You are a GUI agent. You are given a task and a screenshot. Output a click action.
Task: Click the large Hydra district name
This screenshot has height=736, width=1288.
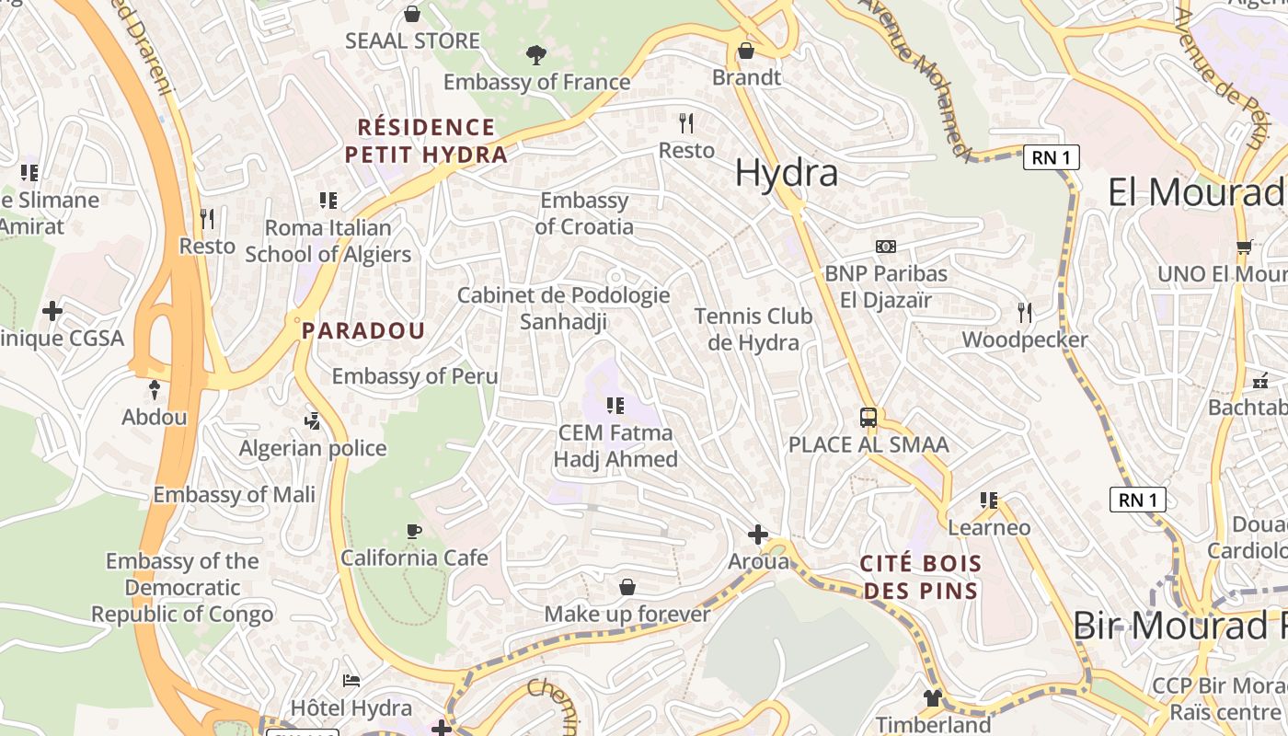coord(787,173)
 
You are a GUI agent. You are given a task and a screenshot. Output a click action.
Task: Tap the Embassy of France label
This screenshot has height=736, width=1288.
coord(536,82)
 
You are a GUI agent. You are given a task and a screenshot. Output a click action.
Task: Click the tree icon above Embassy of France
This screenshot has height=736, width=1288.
coord(535,55)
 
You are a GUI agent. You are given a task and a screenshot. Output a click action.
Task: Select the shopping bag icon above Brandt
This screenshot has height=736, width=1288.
coord(746,51)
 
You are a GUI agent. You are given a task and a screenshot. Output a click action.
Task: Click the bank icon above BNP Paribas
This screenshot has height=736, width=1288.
coord(885,247)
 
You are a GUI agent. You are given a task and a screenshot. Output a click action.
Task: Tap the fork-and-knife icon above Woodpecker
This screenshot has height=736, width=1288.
coord(1025,313)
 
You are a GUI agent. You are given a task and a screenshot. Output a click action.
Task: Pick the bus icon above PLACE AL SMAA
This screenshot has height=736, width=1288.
coord(868,418)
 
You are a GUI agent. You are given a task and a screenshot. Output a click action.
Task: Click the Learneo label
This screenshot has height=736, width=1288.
coord(989,528)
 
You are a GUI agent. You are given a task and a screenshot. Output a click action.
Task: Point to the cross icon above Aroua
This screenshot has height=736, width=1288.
coord(758,535)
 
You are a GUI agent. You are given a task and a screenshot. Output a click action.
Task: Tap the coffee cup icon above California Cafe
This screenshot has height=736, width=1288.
coord(414,531)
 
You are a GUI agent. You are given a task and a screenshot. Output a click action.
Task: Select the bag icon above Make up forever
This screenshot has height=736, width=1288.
coord(627,587)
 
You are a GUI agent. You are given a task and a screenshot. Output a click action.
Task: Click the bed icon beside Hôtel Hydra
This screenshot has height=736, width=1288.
coord(351,681)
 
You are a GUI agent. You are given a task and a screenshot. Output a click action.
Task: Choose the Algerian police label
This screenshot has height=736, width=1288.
coord(313,449)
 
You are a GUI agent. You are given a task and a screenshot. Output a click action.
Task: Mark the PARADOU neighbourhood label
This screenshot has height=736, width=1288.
coord(363,331)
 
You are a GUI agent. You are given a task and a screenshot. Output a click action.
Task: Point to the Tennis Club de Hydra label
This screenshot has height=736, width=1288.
coord(753,329)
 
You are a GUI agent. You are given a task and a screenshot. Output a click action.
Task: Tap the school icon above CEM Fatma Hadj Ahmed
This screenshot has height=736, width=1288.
coord(615,406)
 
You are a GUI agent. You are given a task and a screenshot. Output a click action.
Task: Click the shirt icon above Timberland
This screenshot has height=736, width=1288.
coord(933,698)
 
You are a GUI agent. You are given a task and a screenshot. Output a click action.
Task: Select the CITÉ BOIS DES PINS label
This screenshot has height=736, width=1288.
coord(921,577)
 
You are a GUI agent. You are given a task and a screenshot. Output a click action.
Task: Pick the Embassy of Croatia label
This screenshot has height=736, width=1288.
coord(584,213)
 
